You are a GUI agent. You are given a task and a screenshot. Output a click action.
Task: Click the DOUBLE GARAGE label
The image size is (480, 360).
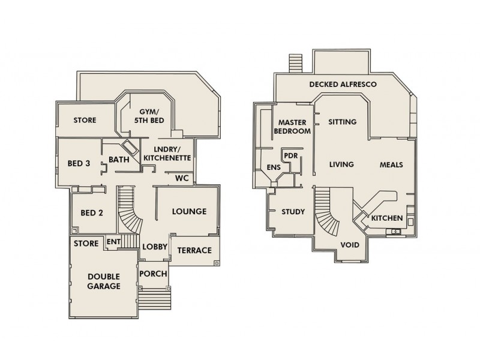[x=104, y=281]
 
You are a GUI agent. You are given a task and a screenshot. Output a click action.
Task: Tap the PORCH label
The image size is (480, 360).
[x=153, y=274]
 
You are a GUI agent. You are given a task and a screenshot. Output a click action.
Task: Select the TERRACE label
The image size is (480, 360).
[x=195, y=250]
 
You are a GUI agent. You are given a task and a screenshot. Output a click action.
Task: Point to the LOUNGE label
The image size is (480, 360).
[x=189, y=211]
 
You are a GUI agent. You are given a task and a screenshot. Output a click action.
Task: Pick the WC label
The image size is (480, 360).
[x=182, y=178]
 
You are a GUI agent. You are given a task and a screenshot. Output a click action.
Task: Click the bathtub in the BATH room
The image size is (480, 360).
[x=128, y=147]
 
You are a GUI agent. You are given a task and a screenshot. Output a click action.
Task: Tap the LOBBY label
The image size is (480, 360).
[x=154, y=247]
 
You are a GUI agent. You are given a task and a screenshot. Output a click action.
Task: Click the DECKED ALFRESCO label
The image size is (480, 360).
[x=343, y=85]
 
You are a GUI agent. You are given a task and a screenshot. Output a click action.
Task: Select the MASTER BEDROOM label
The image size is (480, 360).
[x=292, y=126]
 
